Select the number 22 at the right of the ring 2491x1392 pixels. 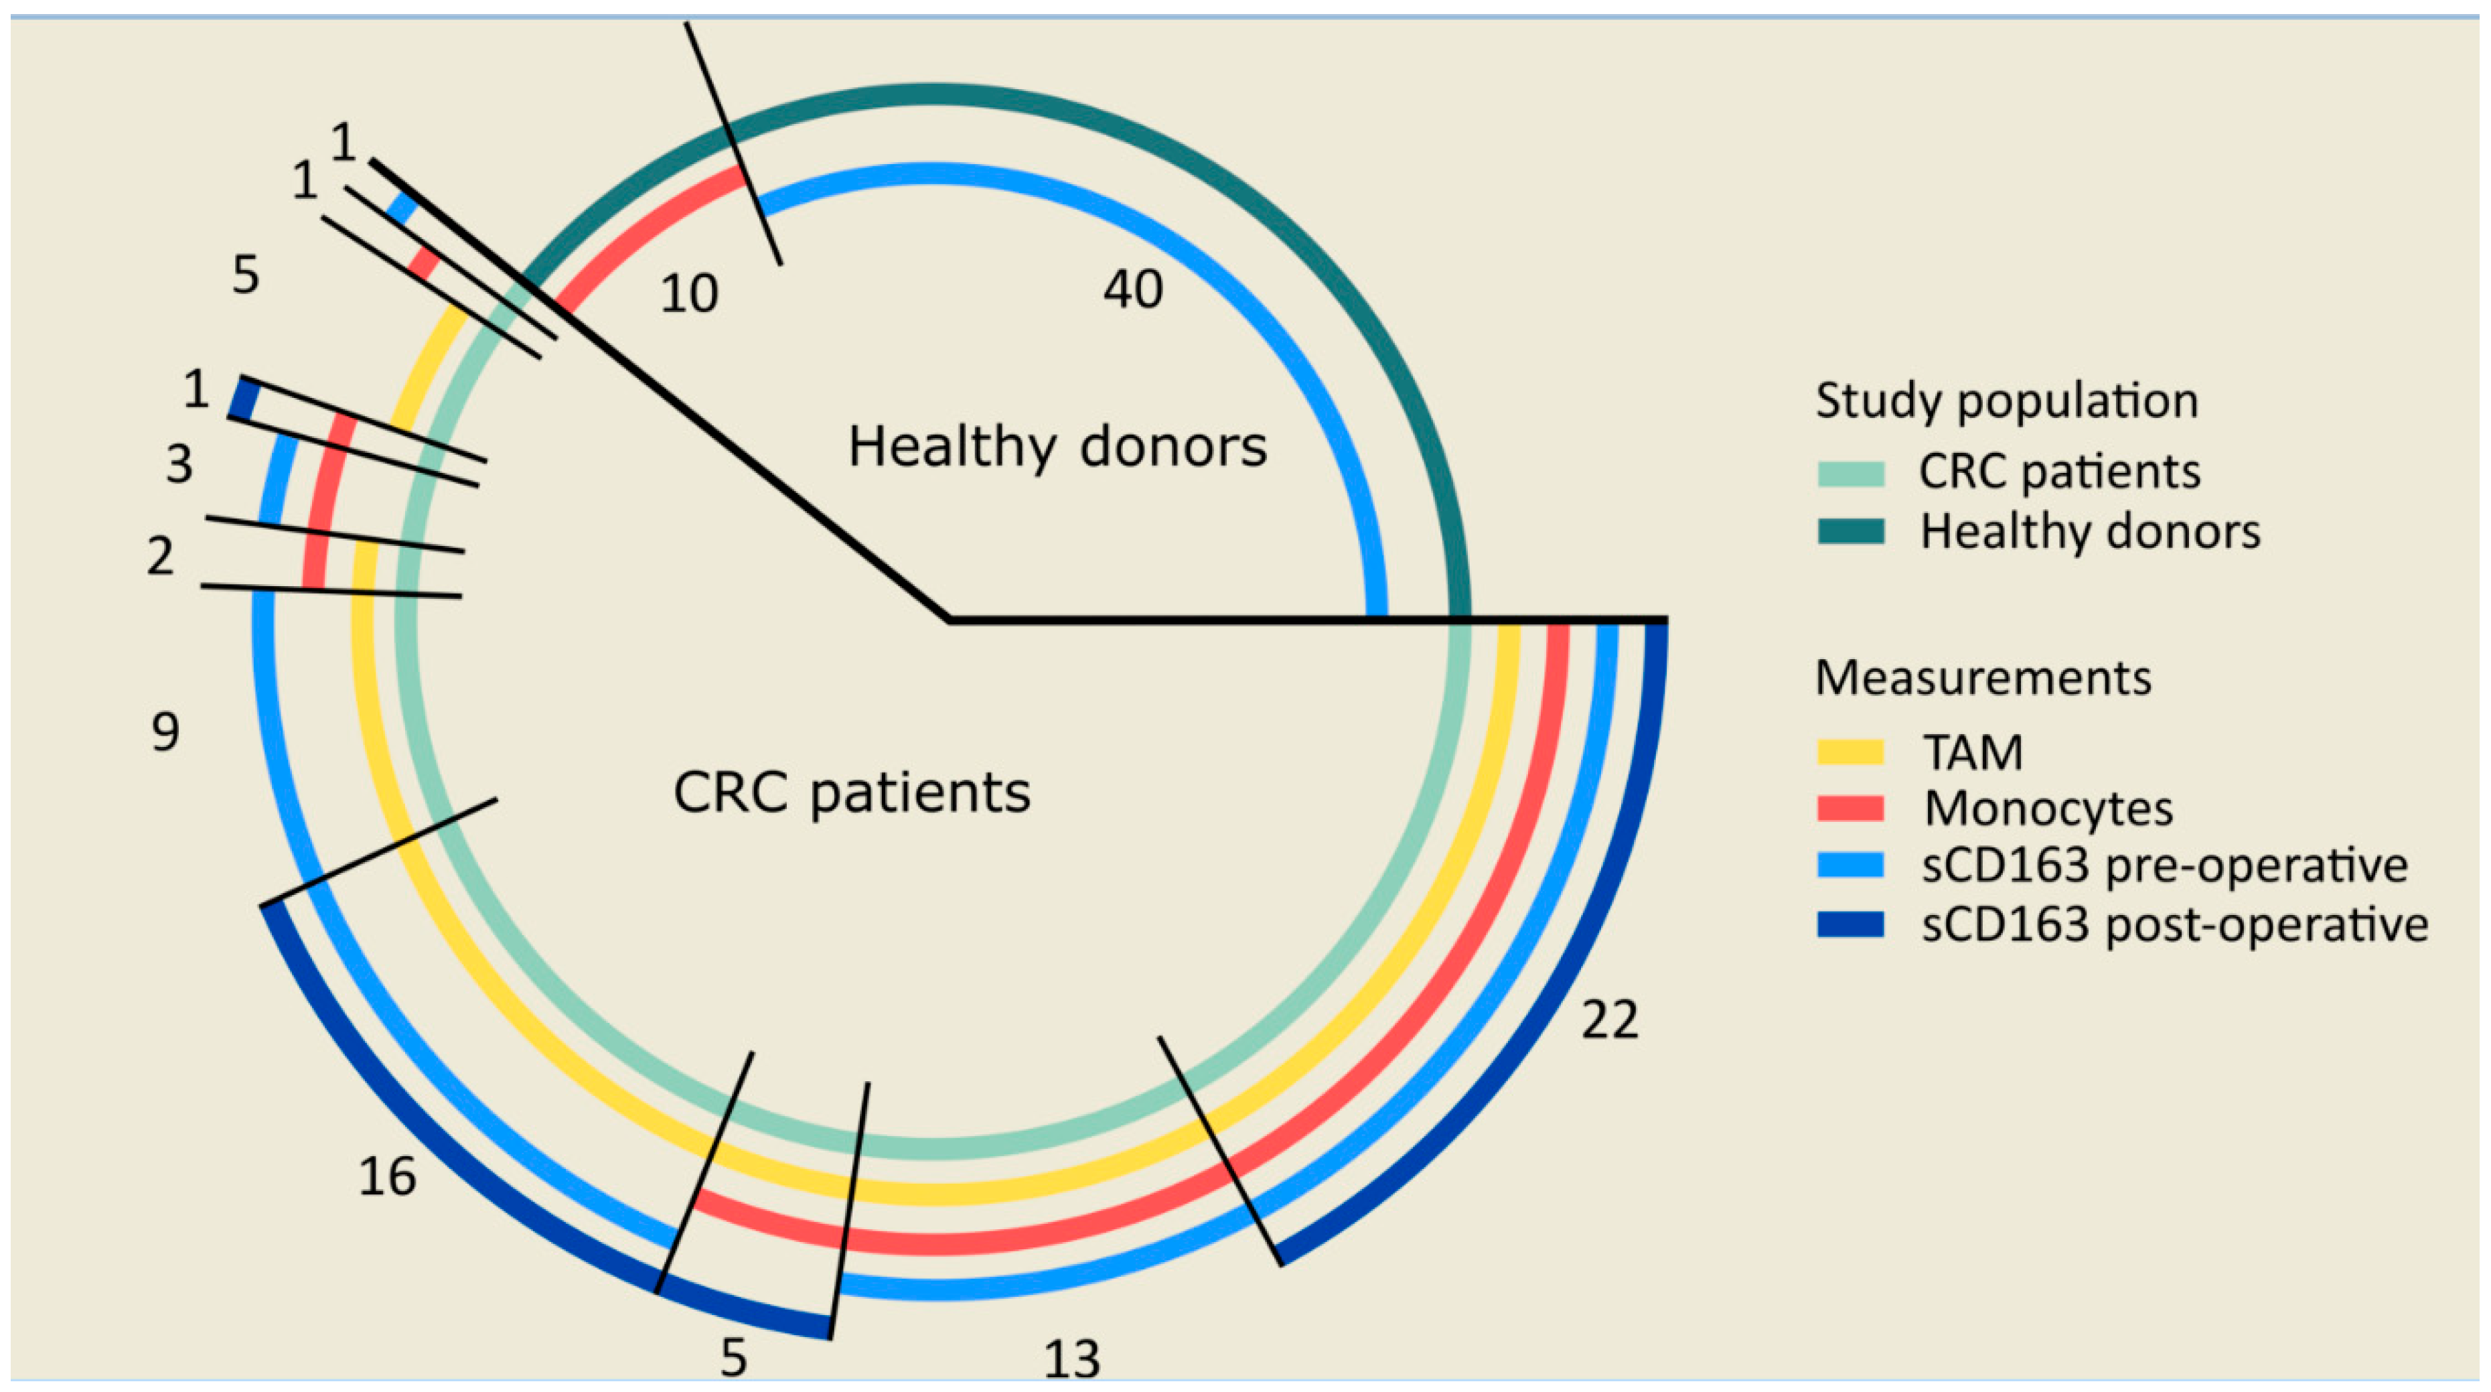click(x=1609, y=1020)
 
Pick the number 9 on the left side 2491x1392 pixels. click(x=165, y=732)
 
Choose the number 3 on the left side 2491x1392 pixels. click(x=179, y=464)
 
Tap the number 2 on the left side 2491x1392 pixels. click(x=161, y=556)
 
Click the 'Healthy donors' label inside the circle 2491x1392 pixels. click(x=1057, y=447)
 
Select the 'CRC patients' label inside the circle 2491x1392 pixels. click(x=852, y=793)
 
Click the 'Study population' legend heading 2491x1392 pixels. click(x=2007, y=401)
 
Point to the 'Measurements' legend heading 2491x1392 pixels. click(x=1982, y=677)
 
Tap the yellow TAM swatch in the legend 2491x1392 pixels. click(x=1851, y=752)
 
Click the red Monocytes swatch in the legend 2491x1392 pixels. click(x=1851, y=809)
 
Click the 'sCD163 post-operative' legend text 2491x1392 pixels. click(x=2174, y=925)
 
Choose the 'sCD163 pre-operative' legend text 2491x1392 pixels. click(x=2164, y=865)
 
